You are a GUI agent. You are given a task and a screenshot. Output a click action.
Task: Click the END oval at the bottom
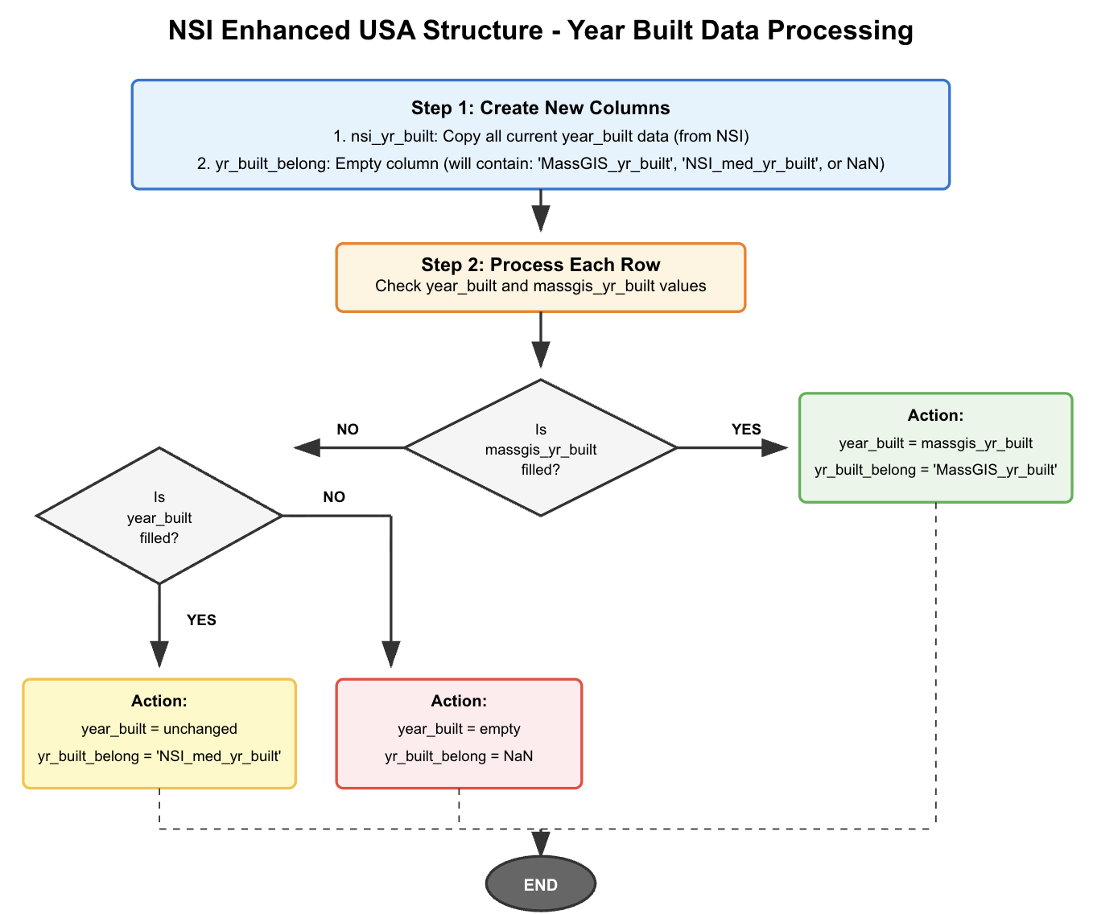coord(540,884)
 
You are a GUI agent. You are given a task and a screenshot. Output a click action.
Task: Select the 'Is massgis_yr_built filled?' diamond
coord(540,448)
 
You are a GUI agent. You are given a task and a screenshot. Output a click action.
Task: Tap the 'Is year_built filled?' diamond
coord(159,517)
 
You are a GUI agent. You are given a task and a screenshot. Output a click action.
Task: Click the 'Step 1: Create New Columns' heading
coord(540,108)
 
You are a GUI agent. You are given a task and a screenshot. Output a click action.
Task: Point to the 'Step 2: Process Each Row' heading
coord(540,265)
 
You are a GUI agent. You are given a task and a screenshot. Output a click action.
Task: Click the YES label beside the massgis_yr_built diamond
coord(745,429)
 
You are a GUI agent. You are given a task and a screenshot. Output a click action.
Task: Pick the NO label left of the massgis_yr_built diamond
coord(348,429)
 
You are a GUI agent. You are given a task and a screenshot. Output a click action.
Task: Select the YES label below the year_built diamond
coord(201,620)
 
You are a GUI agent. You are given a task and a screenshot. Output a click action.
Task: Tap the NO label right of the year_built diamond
coord(334,497)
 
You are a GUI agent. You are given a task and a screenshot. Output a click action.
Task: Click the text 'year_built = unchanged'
coord(159,729)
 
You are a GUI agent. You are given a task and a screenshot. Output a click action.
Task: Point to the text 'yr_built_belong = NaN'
coord(459,756)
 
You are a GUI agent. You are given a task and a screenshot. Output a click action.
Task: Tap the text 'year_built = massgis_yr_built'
coord(935,443)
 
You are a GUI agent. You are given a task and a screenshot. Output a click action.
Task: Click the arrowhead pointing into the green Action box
coord(774,448)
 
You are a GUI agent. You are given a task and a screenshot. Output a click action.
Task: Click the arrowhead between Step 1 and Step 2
coord(540,218)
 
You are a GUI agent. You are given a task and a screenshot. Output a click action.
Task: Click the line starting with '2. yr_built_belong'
coord(540,164)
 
